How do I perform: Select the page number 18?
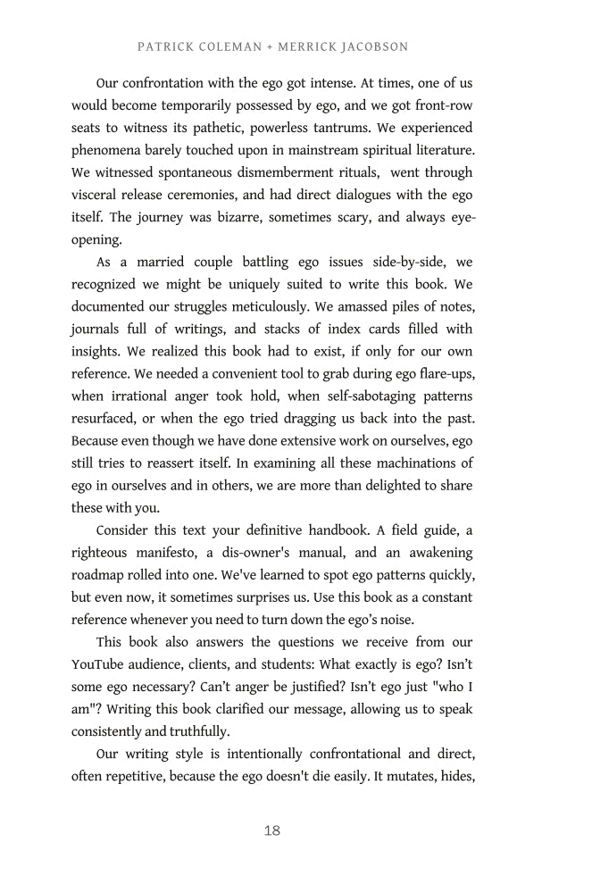(272, 830)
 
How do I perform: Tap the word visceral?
(96, 195)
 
